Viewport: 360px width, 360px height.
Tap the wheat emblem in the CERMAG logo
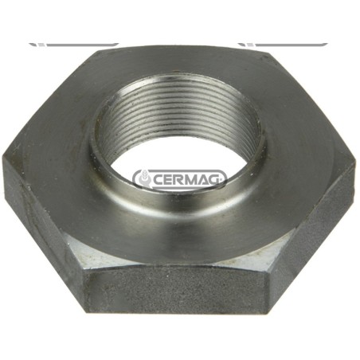click(x=143, y=178)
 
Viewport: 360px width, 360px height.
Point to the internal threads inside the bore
click(x=175, y=112)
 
